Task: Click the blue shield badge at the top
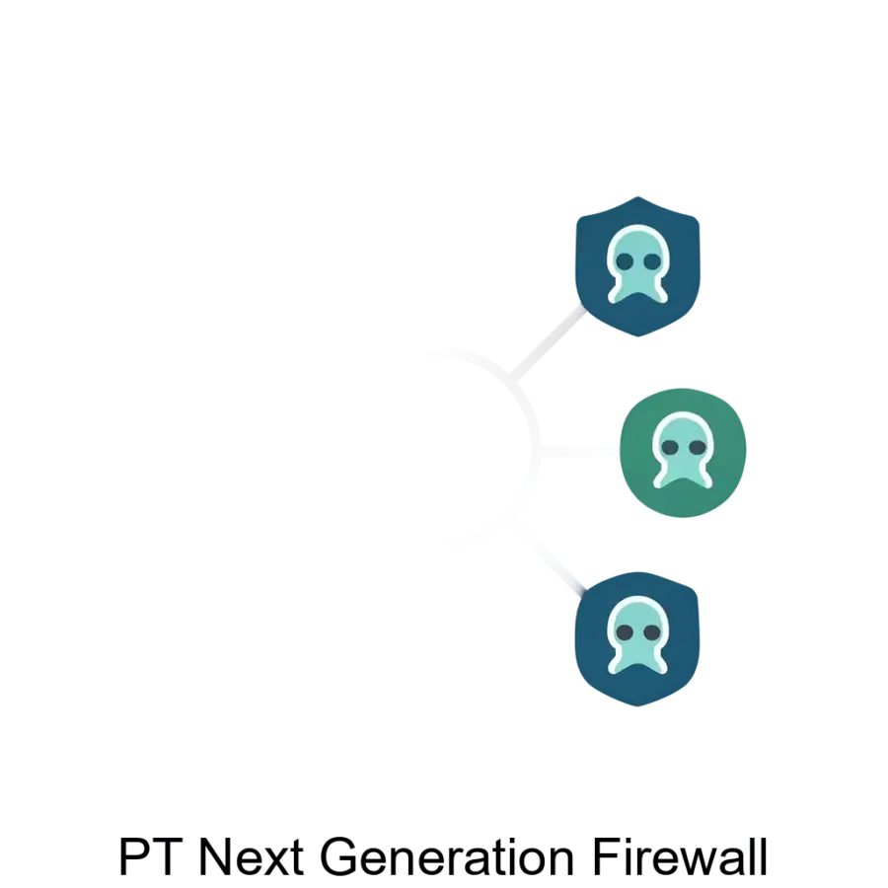pyautogui.click(x=636, y=266)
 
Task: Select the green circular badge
pyautogui.click(x=682, y=453)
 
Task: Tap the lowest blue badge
pyautogui.click(x=638, y=637)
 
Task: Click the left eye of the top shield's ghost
pyautogui.click(x=625, y=262)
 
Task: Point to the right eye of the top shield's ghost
pyautogui.click(x=650, y=262)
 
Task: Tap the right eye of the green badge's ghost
pyautogui.click(x=696, y=448)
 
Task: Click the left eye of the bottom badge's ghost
pyautogui.click(x=625, y=631)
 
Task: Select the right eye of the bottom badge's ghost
pyautogui.click(x=651, y=631)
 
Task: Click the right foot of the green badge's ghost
pyautogui.click(x=701, y=480)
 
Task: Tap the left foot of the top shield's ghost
pyautogui.click(x=620, y=296)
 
